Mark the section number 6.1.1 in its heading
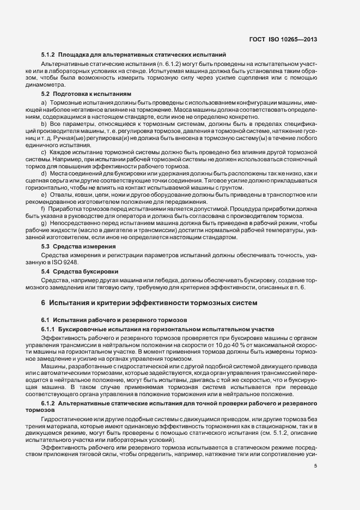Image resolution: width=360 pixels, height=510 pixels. [48, 330]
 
